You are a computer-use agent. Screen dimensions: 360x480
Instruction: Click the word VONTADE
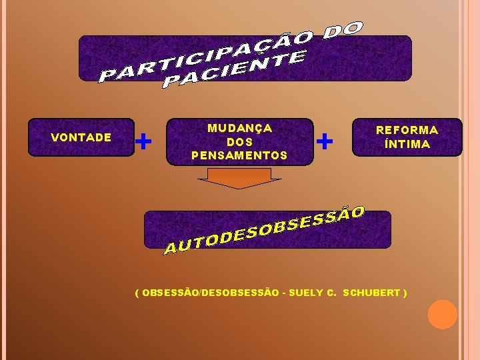click(x=81, y=137)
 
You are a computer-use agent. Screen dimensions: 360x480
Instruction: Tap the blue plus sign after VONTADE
click(x=143, y=141)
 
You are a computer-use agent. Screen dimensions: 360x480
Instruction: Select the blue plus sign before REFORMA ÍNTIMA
click(x=325, y=141)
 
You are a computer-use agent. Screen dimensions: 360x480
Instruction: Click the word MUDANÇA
click(x=239, y=128)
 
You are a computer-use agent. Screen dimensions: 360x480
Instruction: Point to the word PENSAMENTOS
click(x=239, y=155)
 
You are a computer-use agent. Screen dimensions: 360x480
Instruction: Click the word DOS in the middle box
click(x=239, y=142)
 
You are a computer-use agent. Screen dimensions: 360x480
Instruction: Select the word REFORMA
click(x=407, y=130)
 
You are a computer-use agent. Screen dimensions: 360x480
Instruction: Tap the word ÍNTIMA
click(x=407, y=144)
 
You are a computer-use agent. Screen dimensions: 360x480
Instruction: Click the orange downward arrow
click(x=239, y=178)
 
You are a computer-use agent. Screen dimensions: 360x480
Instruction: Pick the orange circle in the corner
click(x=442, y=315)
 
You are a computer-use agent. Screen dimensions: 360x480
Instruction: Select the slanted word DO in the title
click(x=344, y=29)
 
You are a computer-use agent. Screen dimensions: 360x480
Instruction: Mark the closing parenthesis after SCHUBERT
click(x=405, y=293)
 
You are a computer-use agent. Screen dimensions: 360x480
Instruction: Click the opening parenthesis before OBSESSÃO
click(x=137, y=293)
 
